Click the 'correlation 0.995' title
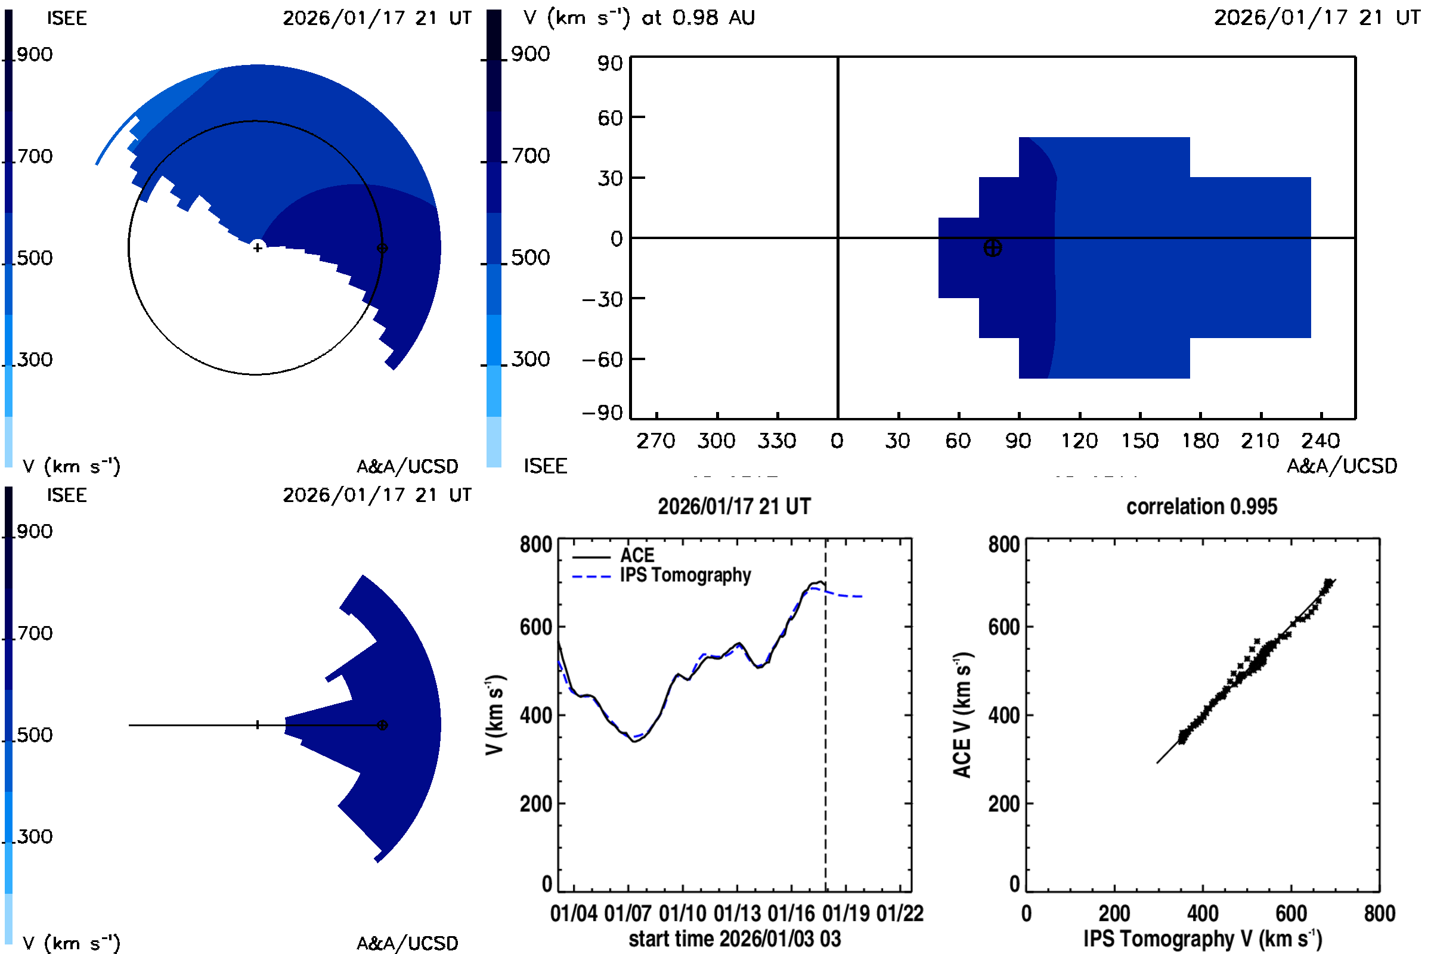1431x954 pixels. [1201, 506]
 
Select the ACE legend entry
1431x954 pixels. [636, 556]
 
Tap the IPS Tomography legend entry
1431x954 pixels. [684, 575]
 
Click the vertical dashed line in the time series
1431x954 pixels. [825, 730]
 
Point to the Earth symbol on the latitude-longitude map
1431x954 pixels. [992, 248]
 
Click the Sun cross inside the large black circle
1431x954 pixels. [258, 247]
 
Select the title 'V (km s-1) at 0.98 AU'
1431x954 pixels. [639, 18]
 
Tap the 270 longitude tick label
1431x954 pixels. [656, 441]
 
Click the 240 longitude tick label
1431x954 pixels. [1321, 441]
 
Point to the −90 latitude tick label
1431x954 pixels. [602, 413]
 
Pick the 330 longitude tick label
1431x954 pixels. [776, 441]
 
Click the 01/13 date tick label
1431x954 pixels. [737, 913]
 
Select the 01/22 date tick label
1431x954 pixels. [900, 913]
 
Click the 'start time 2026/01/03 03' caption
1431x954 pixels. [735, 938]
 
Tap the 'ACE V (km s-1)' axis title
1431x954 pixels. [962, 715]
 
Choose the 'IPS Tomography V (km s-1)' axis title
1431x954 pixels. [1202, 938]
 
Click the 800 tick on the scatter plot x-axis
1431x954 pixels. [1379, 913]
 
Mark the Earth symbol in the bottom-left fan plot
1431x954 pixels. [382, 725]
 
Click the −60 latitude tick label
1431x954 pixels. [602, 360]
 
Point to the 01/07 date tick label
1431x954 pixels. [628, 913]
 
